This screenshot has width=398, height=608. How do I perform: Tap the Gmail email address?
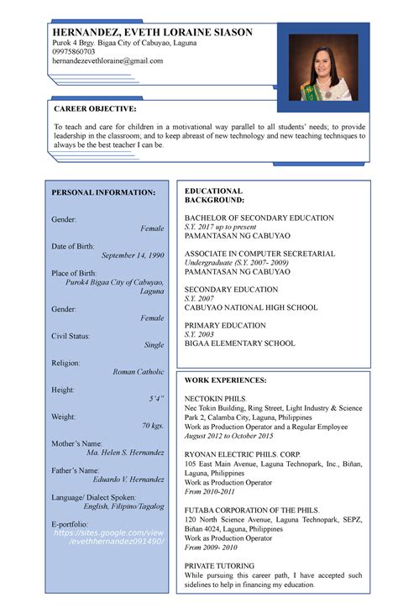coord(107,61)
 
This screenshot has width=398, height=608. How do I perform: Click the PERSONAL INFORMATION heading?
coord(103,193)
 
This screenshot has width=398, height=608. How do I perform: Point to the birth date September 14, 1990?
coord(133,254)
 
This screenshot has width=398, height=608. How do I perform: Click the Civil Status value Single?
coord(154,345)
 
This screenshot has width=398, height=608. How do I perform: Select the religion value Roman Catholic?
coord(139,371)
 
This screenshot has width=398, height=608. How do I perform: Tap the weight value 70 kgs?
coord(153,426)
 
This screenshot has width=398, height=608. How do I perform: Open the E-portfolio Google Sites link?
coord(108,537)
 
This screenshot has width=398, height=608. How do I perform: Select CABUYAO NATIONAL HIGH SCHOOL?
coord(251,307)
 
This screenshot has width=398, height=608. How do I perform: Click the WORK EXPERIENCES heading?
coord(225,380)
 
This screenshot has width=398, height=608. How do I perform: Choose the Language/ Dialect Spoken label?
coord(105,497)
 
